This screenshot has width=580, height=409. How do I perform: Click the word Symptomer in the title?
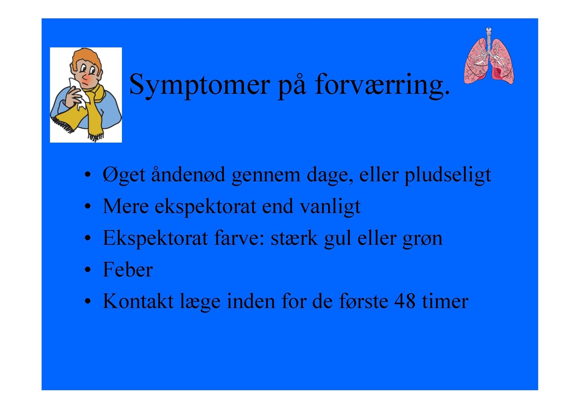click(200, 86)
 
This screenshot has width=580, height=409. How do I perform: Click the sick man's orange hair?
click(86, 59)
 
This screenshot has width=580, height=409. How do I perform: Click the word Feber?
click(128, 270)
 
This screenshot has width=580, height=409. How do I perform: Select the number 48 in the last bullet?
click(405, 301)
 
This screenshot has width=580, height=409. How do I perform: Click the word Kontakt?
click(138, 301)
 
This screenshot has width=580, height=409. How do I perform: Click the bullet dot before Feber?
click(88, 270)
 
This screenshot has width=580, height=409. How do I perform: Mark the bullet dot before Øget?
click(88, 175)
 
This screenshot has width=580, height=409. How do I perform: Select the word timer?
click(445, 301)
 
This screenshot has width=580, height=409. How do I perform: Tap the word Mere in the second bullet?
click(126, 206)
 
